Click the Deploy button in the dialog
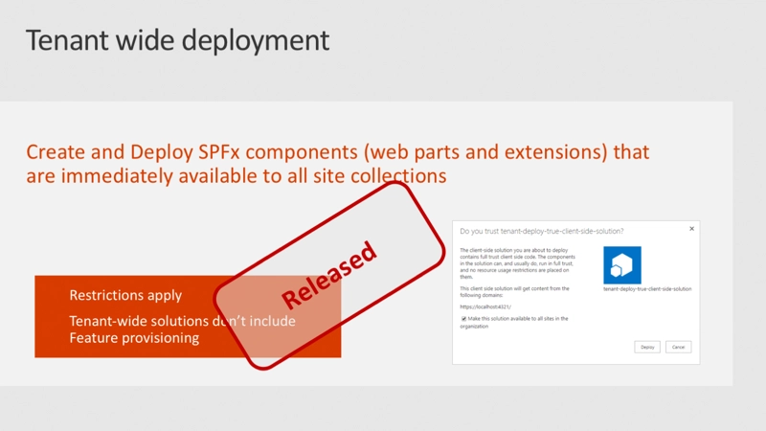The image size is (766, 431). click(647, 347)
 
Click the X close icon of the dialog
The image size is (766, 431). click(691, 229)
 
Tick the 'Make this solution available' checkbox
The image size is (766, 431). click(463, 318)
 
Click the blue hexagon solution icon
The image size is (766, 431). click(622, 265)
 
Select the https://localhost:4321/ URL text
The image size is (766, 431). click(486, 306)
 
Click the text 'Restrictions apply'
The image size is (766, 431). click(125, 295)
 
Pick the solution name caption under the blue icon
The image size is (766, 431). click(647, 288)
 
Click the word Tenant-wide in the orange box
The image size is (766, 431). click(108, 321)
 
